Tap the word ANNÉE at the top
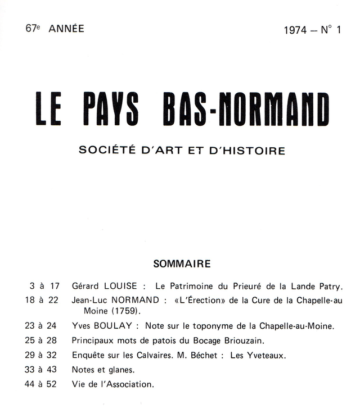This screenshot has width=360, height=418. click(x=66, y=29)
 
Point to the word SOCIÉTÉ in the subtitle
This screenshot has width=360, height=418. click(x=104, y=151)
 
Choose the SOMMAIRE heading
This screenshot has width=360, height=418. click(x=182, y=263)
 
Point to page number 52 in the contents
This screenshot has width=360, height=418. click(x=52, y=384)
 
